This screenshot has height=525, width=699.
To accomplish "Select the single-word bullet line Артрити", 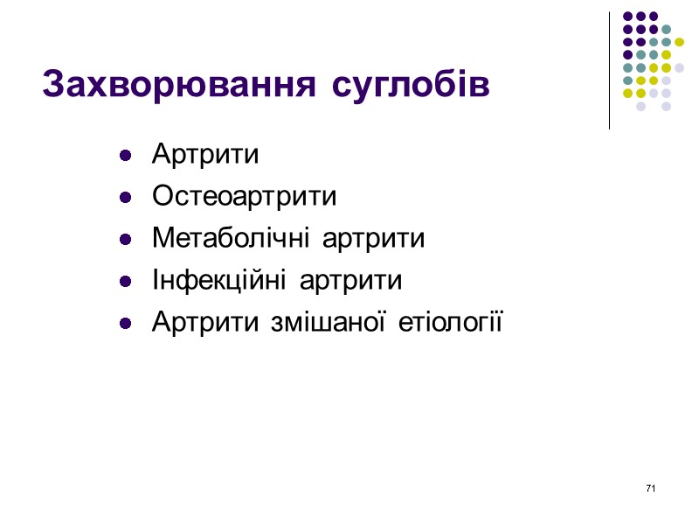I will click(x=205, y=155).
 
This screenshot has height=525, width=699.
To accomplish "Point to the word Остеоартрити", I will click(x=244, y=197).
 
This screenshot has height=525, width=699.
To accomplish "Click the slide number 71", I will click(x=650, y=487).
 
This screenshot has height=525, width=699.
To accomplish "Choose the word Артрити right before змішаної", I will click(x=205, y=323).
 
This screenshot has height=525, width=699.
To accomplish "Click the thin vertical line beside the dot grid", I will click(x=609, y=70).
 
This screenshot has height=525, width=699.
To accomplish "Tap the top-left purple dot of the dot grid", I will click(x=626, y=16).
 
